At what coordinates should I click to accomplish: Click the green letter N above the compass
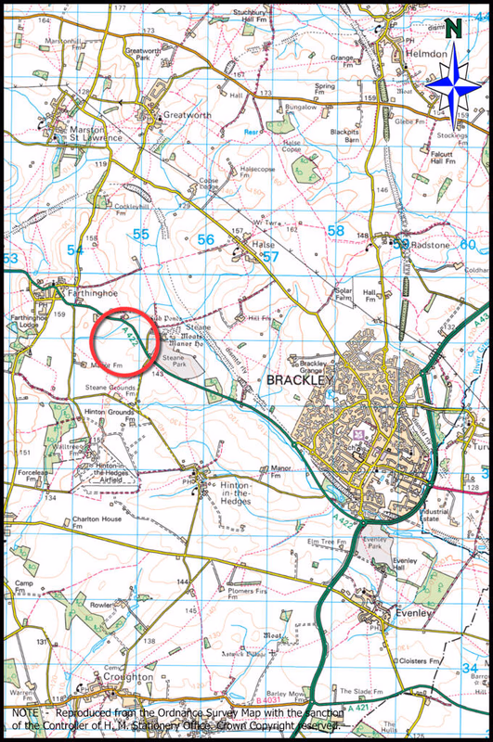pyautogui.click(x=451, y=29)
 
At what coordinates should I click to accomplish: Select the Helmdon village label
pyautogui.click(x=429, y=56)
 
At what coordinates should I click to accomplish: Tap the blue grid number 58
pyautogui.click(x=336, y=231)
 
